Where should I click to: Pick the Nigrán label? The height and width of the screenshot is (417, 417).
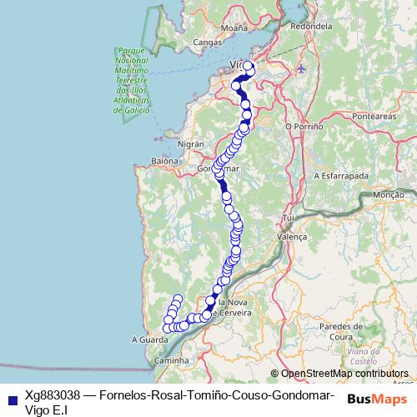point(190,144)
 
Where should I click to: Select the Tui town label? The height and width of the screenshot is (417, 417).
point(290,218)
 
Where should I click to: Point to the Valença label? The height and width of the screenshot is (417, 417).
point(292,237)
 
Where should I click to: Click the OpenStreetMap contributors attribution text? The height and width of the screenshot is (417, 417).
point(344,374)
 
